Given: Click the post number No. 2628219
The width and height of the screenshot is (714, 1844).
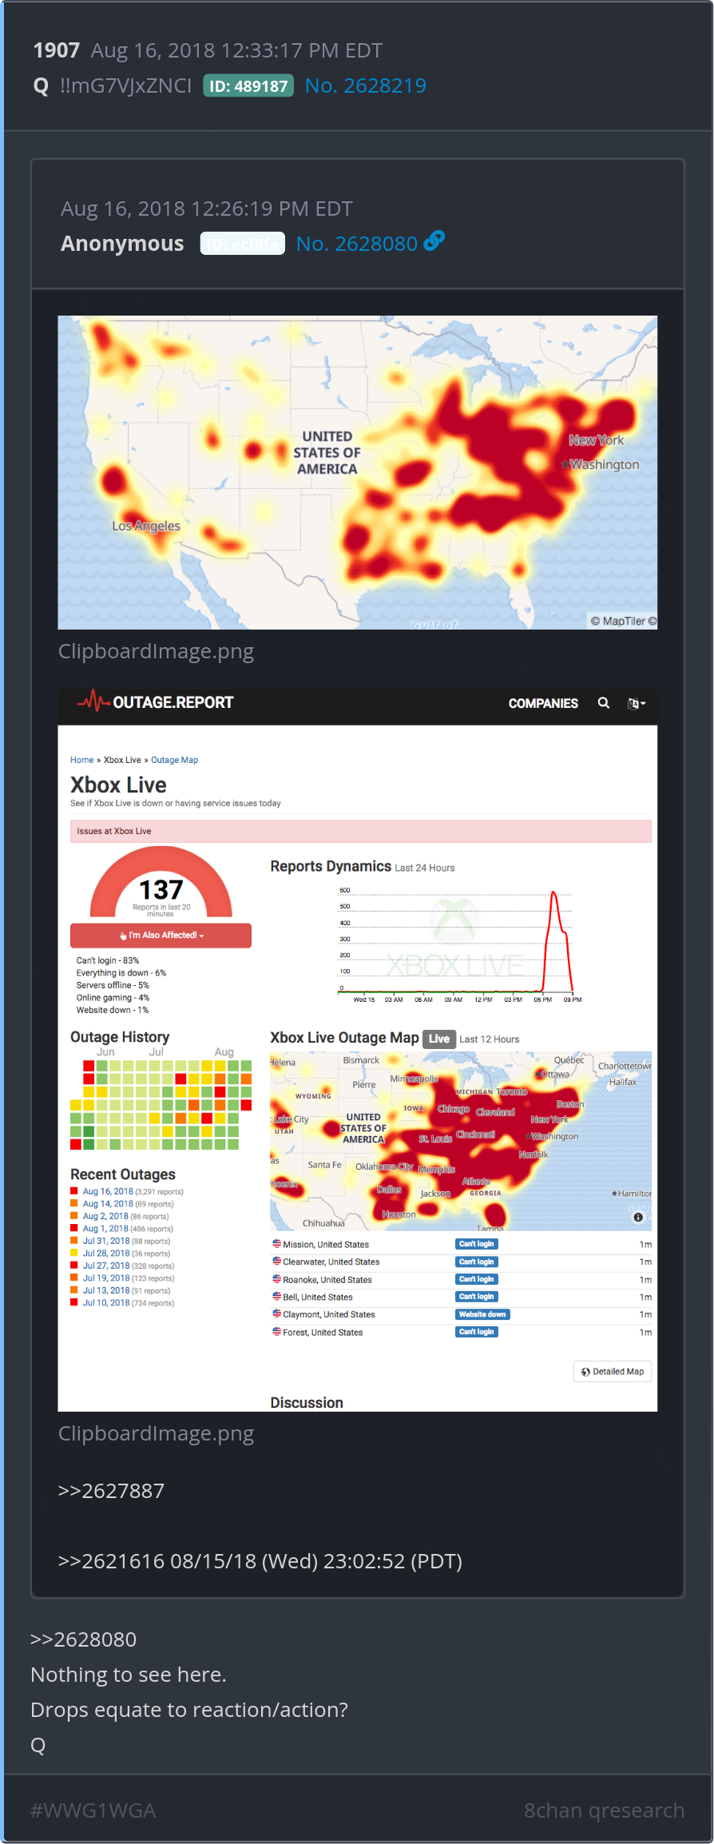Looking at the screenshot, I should (366, 85).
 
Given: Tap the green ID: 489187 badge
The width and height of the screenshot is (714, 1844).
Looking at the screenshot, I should (248, 85).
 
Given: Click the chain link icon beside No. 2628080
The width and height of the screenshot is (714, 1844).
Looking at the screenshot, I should (434, 240).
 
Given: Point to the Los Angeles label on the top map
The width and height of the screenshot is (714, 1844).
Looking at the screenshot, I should (146, 526).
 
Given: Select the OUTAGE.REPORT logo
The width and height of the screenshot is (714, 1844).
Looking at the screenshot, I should (156, 702).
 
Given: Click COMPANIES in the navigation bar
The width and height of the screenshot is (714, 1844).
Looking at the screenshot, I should (543, 703).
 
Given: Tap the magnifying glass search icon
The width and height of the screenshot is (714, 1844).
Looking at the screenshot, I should (604, 703).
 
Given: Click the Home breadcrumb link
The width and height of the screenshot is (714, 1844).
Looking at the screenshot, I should (81, 760).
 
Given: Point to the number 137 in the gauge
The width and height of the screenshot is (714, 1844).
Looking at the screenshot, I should (161, 889).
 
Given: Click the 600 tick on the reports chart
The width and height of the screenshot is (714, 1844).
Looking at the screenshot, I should (345, 890).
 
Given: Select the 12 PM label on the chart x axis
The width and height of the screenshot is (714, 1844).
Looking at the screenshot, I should (483, 999).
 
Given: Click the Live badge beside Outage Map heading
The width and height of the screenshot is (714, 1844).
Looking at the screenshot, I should (439, 1039).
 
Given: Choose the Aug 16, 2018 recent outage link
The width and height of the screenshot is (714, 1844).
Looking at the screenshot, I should (108, 1191).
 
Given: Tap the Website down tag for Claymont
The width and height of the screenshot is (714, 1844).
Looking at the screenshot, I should (482, 1314).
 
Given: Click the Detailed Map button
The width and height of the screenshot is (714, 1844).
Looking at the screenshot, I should (613, 1372).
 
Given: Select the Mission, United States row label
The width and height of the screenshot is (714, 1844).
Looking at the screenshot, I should (326, 1244).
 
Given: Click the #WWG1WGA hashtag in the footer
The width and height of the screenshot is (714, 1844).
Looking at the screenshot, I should (93, 1810).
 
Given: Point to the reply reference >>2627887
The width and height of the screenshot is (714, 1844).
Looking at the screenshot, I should (111, 1491).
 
